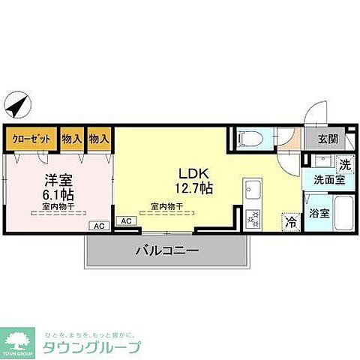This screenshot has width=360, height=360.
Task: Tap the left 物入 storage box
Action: click(72, 139)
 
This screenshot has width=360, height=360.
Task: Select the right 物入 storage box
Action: click(99, 139)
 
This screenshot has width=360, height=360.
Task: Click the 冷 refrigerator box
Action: click(290, 222)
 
